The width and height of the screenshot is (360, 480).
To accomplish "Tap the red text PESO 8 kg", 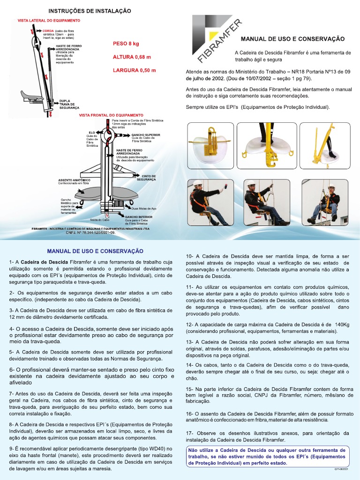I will [126, 44].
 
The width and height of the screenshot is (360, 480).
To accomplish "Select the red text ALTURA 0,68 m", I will [132, 57].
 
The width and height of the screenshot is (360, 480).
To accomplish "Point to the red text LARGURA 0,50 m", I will [134, 70].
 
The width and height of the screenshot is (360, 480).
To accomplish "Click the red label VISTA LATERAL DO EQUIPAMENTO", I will [49, 21].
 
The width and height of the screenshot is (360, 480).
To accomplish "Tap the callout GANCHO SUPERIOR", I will [145, 135].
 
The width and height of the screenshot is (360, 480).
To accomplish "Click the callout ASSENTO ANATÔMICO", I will [74, 180].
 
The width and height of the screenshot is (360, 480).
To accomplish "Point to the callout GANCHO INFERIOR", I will [138, 217].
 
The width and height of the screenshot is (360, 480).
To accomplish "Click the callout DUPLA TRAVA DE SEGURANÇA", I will [69, 104].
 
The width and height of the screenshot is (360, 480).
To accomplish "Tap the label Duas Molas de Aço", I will [144, 208].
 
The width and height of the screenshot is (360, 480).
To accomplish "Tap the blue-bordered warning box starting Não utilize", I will [268, 456].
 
